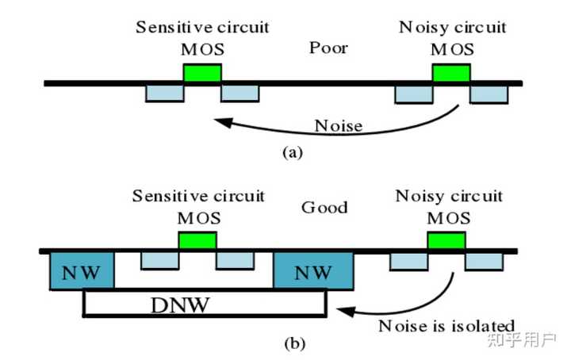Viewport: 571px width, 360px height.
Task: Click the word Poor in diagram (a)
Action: coord(328,48)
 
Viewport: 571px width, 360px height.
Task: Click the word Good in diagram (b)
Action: coord(324,208)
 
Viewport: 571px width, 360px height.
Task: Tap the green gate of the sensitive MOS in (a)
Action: coord(202,73)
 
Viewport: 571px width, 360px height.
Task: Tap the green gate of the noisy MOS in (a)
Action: coord(450,73)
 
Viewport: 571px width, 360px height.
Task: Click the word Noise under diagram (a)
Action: coord(339,125)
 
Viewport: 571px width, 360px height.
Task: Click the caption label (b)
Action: coord(293,344)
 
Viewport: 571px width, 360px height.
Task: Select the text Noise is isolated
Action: coord(446,325)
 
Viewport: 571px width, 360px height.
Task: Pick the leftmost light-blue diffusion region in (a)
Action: coord(165,94)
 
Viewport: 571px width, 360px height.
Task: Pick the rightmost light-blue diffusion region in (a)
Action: coord(489,94)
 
